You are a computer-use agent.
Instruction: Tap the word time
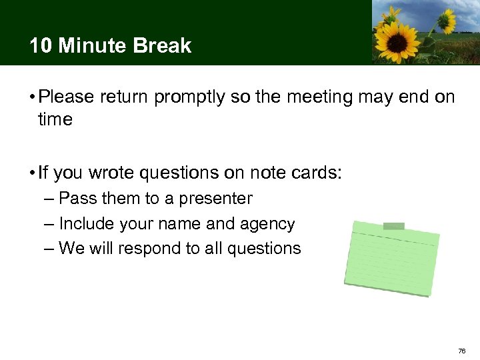[x=55, y=120]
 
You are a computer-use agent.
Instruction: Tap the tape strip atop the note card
[x=394, y=226]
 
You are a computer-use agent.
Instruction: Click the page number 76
[x=462, y=350]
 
